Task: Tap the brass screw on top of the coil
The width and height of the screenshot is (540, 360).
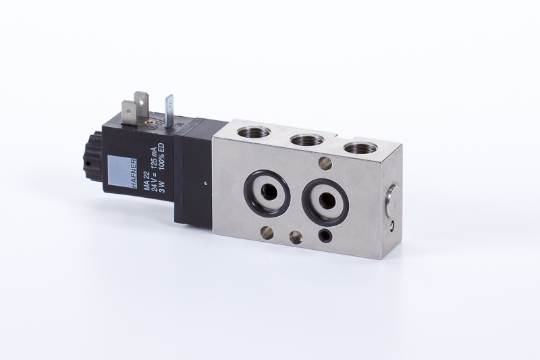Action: click(x=149, y=122)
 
